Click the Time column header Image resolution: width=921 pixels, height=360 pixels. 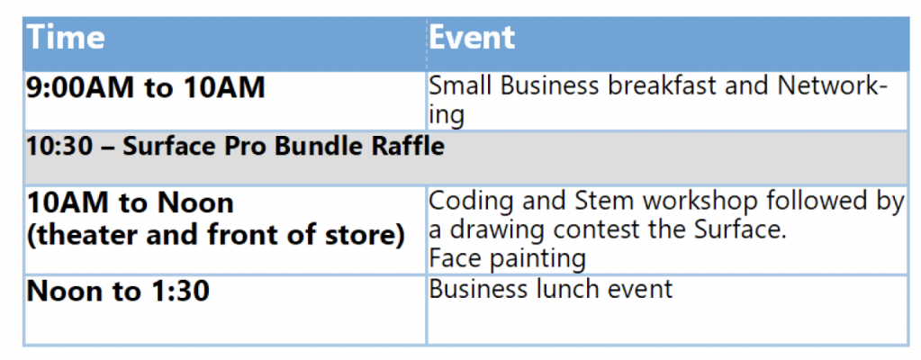(x=65, y=38)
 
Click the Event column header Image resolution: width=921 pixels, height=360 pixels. (x=472, y=38)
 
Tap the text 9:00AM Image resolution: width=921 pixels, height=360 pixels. (x=78, y=87)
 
